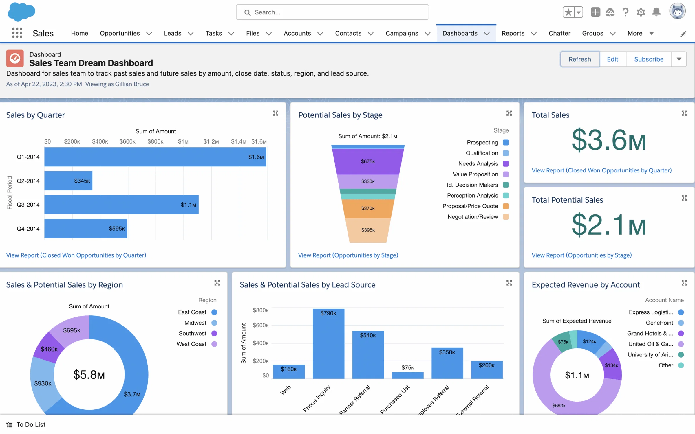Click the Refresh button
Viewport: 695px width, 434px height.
click(579, 59)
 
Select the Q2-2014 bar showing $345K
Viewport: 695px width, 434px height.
click(68, 181)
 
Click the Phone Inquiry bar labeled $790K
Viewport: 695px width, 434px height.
click(328, 344)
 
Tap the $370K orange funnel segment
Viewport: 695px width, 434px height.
click(368, 208)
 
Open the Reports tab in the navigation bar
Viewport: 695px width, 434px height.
click(513, 33)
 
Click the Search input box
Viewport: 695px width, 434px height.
click(332, 12)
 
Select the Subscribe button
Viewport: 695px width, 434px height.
click(648, 59)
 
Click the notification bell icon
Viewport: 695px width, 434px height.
click(656, 12)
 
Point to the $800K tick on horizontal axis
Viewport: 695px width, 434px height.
click(156, 141)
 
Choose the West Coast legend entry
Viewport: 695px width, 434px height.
click(197, 344)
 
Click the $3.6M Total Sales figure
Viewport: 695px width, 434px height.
click(609, 140)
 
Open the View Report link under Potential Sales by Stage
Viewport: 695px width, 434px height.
click(348, 255)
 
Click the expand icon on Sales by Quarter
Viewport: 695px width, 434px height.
click(275, 113)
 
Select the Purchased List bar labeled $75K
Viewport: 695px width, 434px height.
click(407, 375)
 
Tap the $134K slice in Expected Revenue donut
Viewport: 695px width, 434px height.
click(611, 365)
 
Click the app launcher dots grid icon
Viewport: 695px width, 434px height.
click(17, 33)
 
